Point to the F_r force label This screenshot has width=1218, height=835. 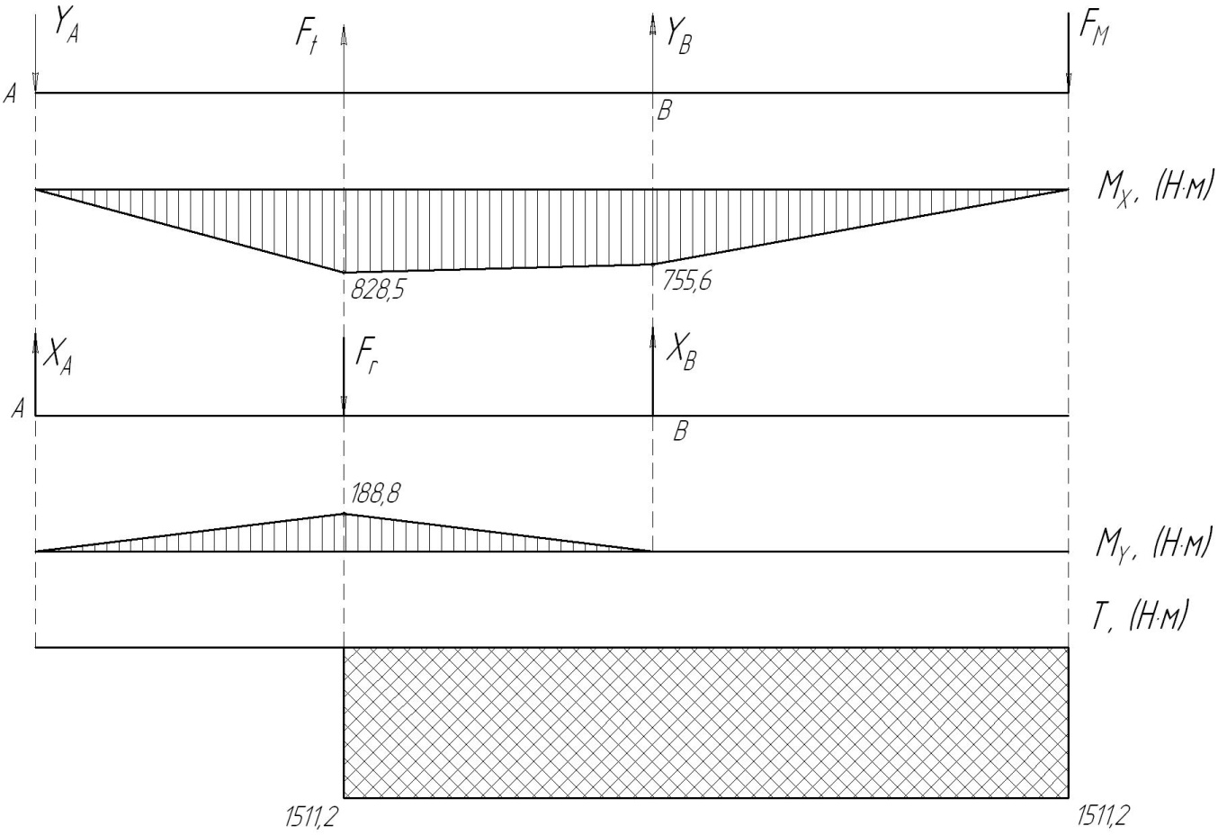[x=364, y=356]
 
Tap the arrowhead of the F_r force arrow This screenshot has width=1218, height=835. [x=344, y=408]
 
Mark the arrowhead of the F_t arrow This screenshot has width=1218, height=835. [x=344, y=34]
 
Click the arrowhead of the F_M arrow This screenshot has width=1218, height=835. [x=1068, y=85]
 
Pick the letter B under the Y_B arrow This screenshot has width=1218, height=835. [x=665, y=112]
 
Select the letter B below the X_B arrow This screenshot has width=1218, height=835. [x=681, y=432]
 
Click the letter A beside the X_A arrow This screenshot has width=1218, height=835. [x=17, y=410]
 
